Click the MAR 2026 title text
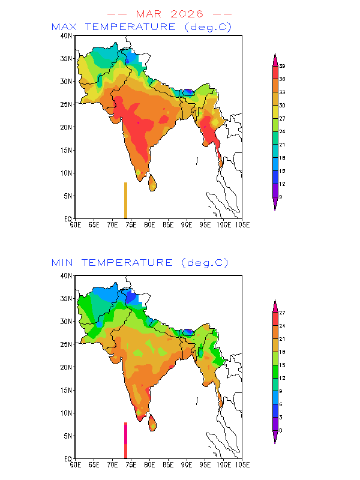click(x=170, y=13)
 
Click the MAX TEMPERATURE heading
click(x=142, y=27)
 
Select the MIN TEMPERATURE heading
click(x=140, y=263)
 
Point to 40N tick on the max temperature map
click(x=67, y=36)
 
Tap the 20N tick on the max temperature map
click(x=67, y=127)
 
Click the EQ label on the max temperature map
click(x=68, y=219)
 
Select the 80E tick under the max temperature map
click(x=149, y=224)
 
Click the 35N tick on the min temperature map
click(x=67, y=299)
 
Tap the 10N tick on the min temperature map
click(x=67, y=413)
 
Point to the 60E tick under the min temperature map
click(x=75, y=464)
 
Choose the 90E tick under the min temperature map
click(x=186, y=464)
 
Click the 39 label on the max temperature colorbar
click(x=281, y=66)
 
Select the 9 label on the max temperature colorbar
click(x=281, y=197)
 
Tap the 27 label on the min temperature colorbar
click(x=281, y=313)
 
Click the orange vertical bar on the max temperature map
click(x=125, y=200)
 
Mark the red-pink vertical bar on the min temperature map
click(x=125, y=440)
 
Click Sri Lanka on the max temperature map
click(x=152, y=182)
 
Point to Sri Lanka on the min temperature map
click(x=152, y=422)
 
